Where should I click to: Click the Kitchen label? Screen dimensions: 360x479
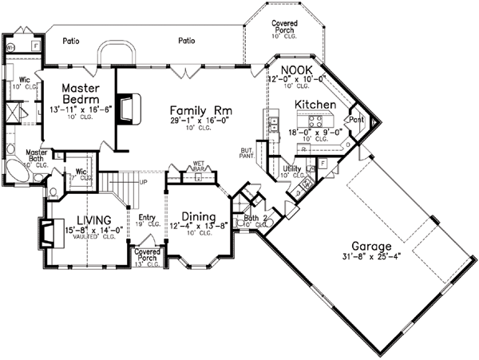pyautogui.click(x=313, y=105)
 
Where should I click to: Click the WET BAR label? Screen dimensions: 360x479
pyautogui.click(x=198, y=166)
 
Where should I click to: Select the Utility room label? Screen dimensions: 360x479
pyautogui.click(x=291, y=169)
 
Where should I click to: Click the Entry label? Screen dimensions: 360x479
pyautogui.click(x=146, y=216)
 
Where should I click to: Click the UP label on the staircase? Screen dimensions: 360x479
pyautogui.click(x=143, y=182)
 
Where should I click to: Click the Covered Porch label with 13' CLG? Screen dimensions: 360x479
pyautogui.click(x=147, y=256)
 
